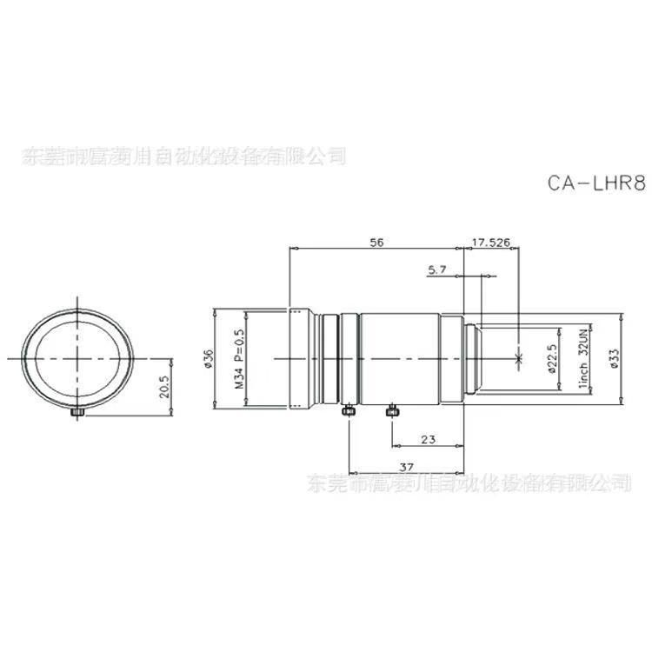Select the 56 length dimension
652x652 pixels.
point(376,242)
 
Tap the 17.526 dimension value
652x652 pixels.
point(491,242)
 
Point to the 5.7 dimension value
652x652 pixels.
point(436,270)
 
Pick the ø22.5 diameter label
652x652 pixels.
point(550,357)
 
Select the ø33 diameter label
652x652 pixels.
point(615,357)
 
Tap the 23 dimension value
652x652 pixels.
point(427,440)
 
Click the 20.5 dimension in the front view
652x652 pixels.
point(165,384)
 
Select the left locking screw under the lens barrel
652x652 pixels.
point(348,410)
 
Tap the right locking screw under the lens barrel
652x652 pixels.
point(392,409)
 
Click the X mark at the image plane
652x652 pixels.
point(519,357)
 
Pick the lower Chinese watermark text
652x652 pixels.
point(470,482)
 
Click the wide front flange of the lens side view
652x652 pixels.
point(301,357)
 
